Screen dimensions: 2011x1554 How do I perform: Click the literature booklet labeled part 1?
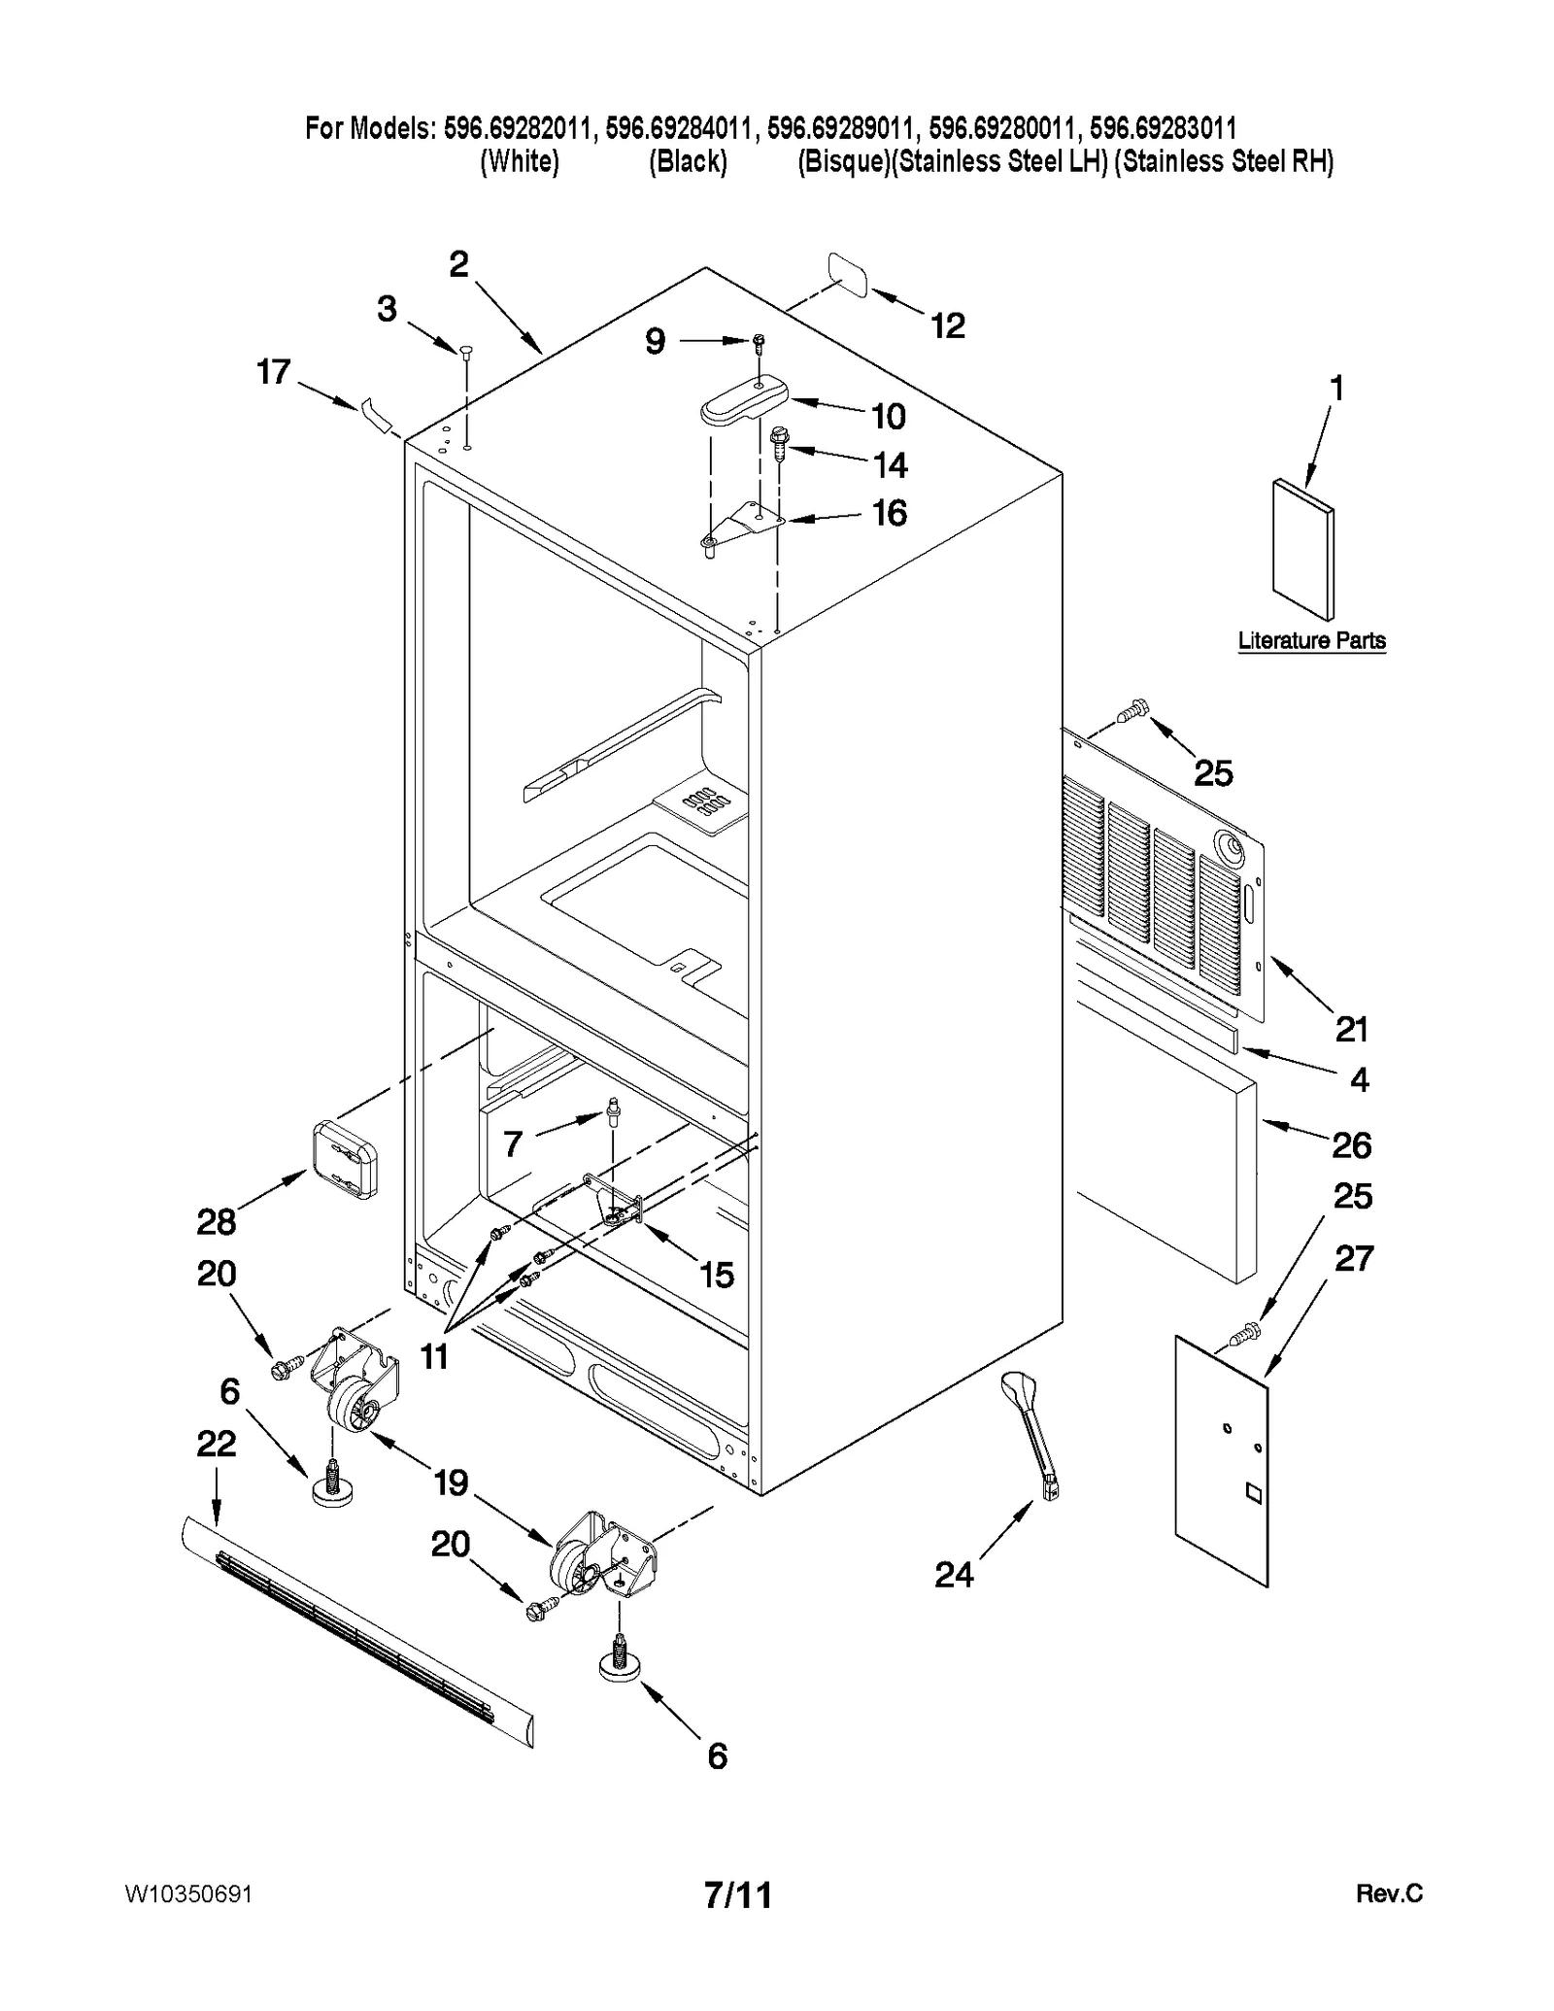tap(1302, 548)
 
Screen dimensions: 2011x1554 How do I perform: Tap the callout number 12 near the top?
tap(947, 325)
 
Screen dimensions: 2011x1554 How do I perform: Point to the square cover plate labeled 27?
tap(1221, 1461)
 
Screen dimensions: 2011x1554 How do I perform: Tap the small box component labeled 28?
tap(346, 1159)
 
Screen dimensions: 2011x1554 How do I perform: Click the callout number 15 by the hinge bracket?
tap(717, 1275)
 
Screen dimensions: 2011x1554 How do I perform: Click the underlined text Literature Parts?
tap(1311, 640)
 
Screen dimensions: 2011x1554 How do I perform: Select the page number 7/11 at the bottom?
tap(738, 1894)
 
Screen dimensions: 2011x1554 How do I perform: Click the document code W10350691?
tap(188, 1894)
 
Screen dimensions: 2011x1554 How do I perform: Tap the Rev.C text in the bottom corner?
tap(1389, 1893)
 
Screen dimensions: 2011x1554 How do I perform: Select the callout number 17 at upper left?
tap(273, 371)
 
